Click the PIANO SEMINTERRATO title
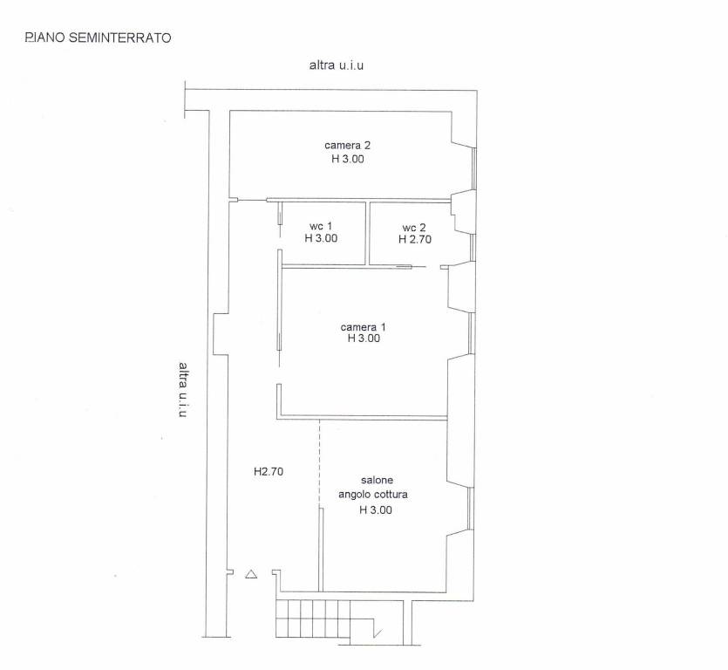pyautogui.click(x=98, y=38)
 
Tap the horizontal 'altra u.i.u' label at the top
pyautogui.click(x=337, y=65)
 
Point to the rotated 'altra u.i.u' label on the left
pyautogui.click(x=184, y=389)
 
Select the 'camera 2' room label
pyautogui.click(x=347, y=146)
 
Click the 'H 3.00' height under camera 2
pyautogui.click(x=348, y=159)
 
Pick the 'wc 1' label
pyautogui.click(x=321, y=226)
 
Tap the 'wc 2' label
pyautogui.click(x=414, y=228)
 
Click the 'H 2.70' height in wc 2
pyautogui.click(x=415, y=239)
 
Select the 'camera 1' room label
pyautogui.click(x=363, y=327)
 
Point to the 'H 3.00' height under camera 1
pyautogui.click(x=364, y=338)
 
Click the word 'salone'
pyautogui.click(x=377, y=480)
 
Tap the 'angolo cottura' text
pyautogui.click(x=373, y=495)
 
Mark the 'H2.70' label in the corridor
pyautogui.click(x=269, y=472)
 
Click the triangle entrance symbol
pyautogui.click(x=251, y=574)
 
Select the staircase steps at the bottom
pyautogui.click(x=313, y=619)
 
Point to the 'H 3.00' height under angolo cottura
pyautogui.click(x=376, y=510)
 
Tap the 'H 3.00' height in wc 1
pyautogui.click(x=321, y=238)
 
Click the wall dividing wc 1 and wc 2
pyautogui.click(x=367, y=233)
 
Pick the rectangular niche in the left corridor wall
pyautogui.click(x=220, y=333)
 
